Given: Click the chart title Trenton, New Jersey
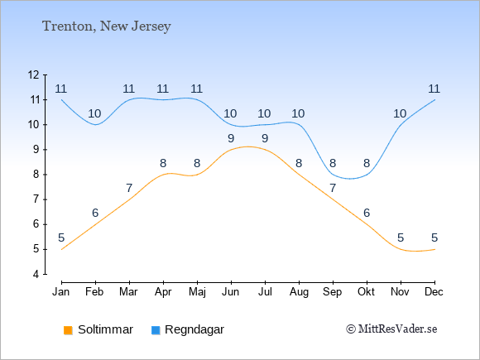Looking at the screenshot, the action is click(x=106, y=26).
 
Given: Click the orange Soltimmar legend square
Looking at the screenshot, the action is click(x=68, y=330).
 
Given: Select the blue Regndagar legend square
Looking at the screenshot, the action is click(x=156, y=330).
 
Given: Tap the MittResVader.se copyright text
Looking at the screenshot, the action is click(x=391, y=329).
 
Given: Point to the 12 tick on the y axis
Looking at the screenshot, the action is click(x=34, y=74).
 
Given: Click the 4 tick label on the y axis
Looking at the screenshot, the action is click(x=36, y=274).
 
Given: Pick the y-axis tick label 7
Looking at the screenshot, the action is click(x=36, y=199).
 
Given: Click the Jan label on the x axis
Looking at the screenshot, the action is click(x=61, y=292).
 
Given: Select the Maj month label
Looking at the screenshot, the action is click(x=197, y=292).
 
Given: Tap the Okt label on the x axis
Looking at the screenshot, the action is click(x=366, y=292).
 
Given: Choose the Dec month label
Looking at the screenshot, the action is click(x=434, y=292).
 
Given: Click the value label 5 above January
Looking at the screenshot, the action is click(x=61, y=238).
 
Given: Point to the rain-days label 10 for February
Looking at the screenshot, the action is click(x=94, y=114).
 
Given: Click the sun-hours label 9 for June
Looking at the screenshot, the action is click(x=231, y=138).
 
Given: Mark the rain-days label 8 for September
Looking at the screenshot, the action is click(x=333, y=163).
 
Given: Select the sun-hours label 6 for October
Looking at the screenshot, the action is click(x=367, y=213).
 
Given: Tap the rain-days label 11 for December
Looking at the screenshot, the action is click(x=434, y=89).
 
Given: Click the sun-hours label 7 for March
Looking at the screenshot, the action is click(x=129, y=188).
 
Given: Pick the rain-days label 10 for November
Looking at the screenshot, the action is click(x=400, y=114).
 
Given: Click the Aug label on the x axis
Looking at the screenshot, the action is click(x=299, y=292).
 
